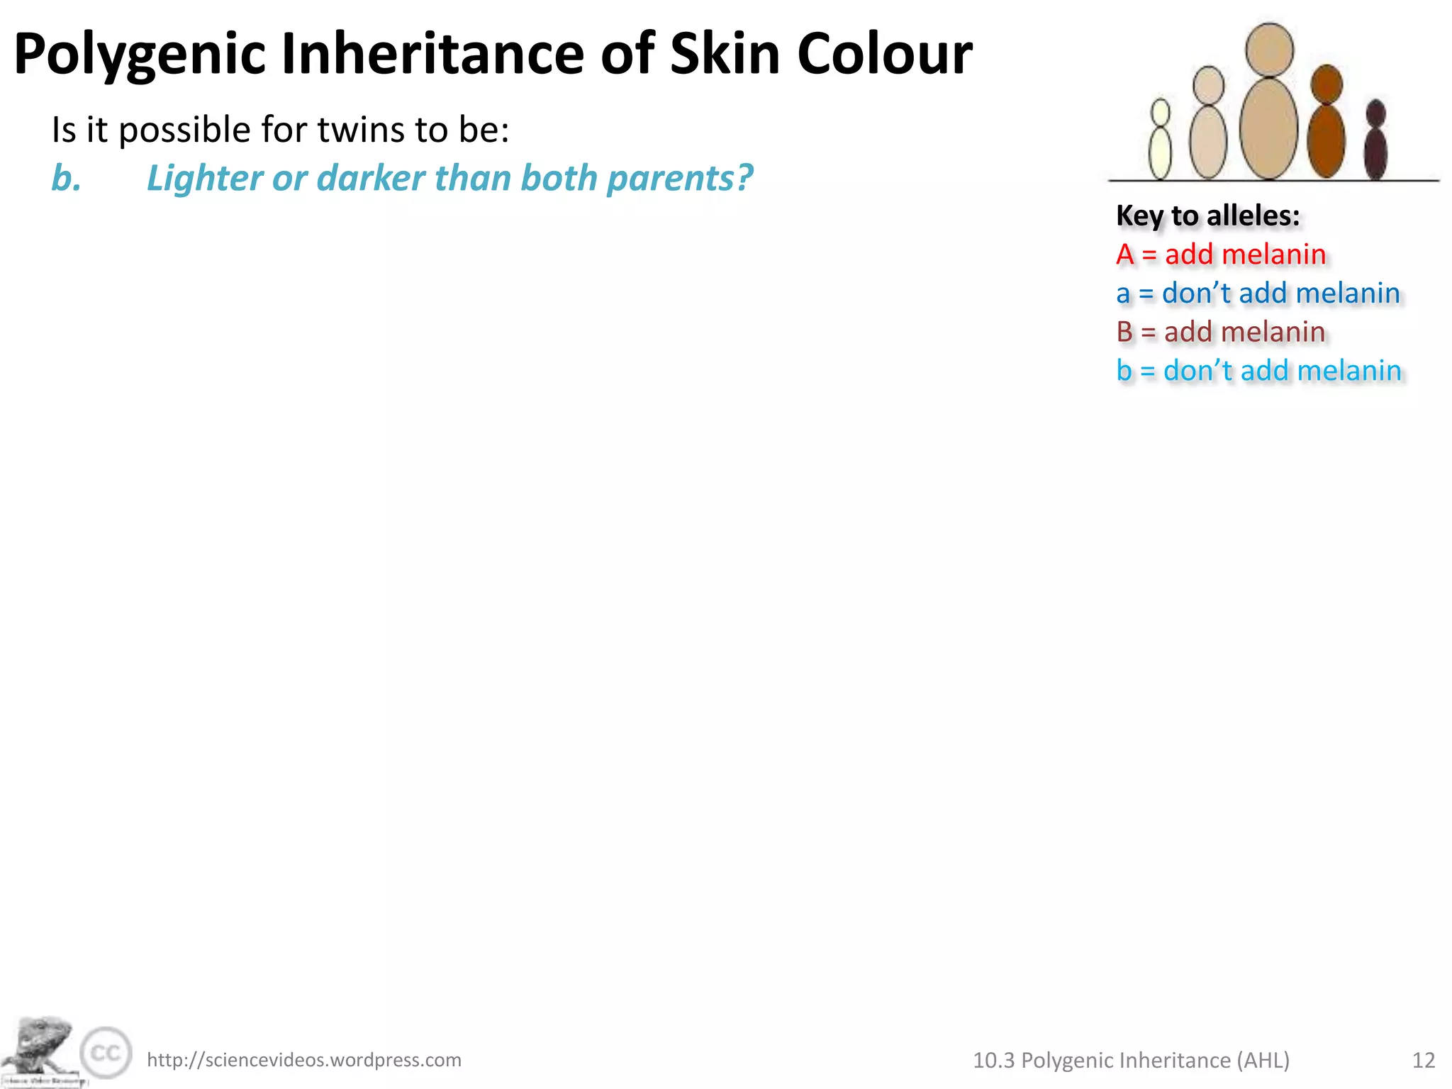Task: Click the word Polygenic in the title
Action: (140, 55)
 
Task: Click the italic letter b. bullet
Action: (66, 178)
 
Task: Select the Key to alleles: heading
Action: (1208, 216)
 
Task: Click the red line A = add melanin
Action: (1220, 255)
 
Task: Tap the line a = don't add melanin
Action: (1258, 294)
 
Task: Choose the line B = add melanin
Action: (1220, 332)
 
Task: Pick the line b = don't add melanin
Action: (1258, 371)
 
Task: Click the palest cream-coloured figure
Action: (1160, 142)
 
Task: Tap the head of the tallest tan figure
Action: (1269, 50)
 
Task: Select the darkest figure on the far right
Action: (1375, 142)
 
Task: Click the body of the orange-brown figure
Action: (1326, 140)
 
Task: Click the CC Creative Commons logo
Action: (106, 1053)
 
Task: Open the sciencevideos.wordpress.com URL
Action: (304, 1060)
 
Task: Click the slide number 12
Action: (1424, 1060)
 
